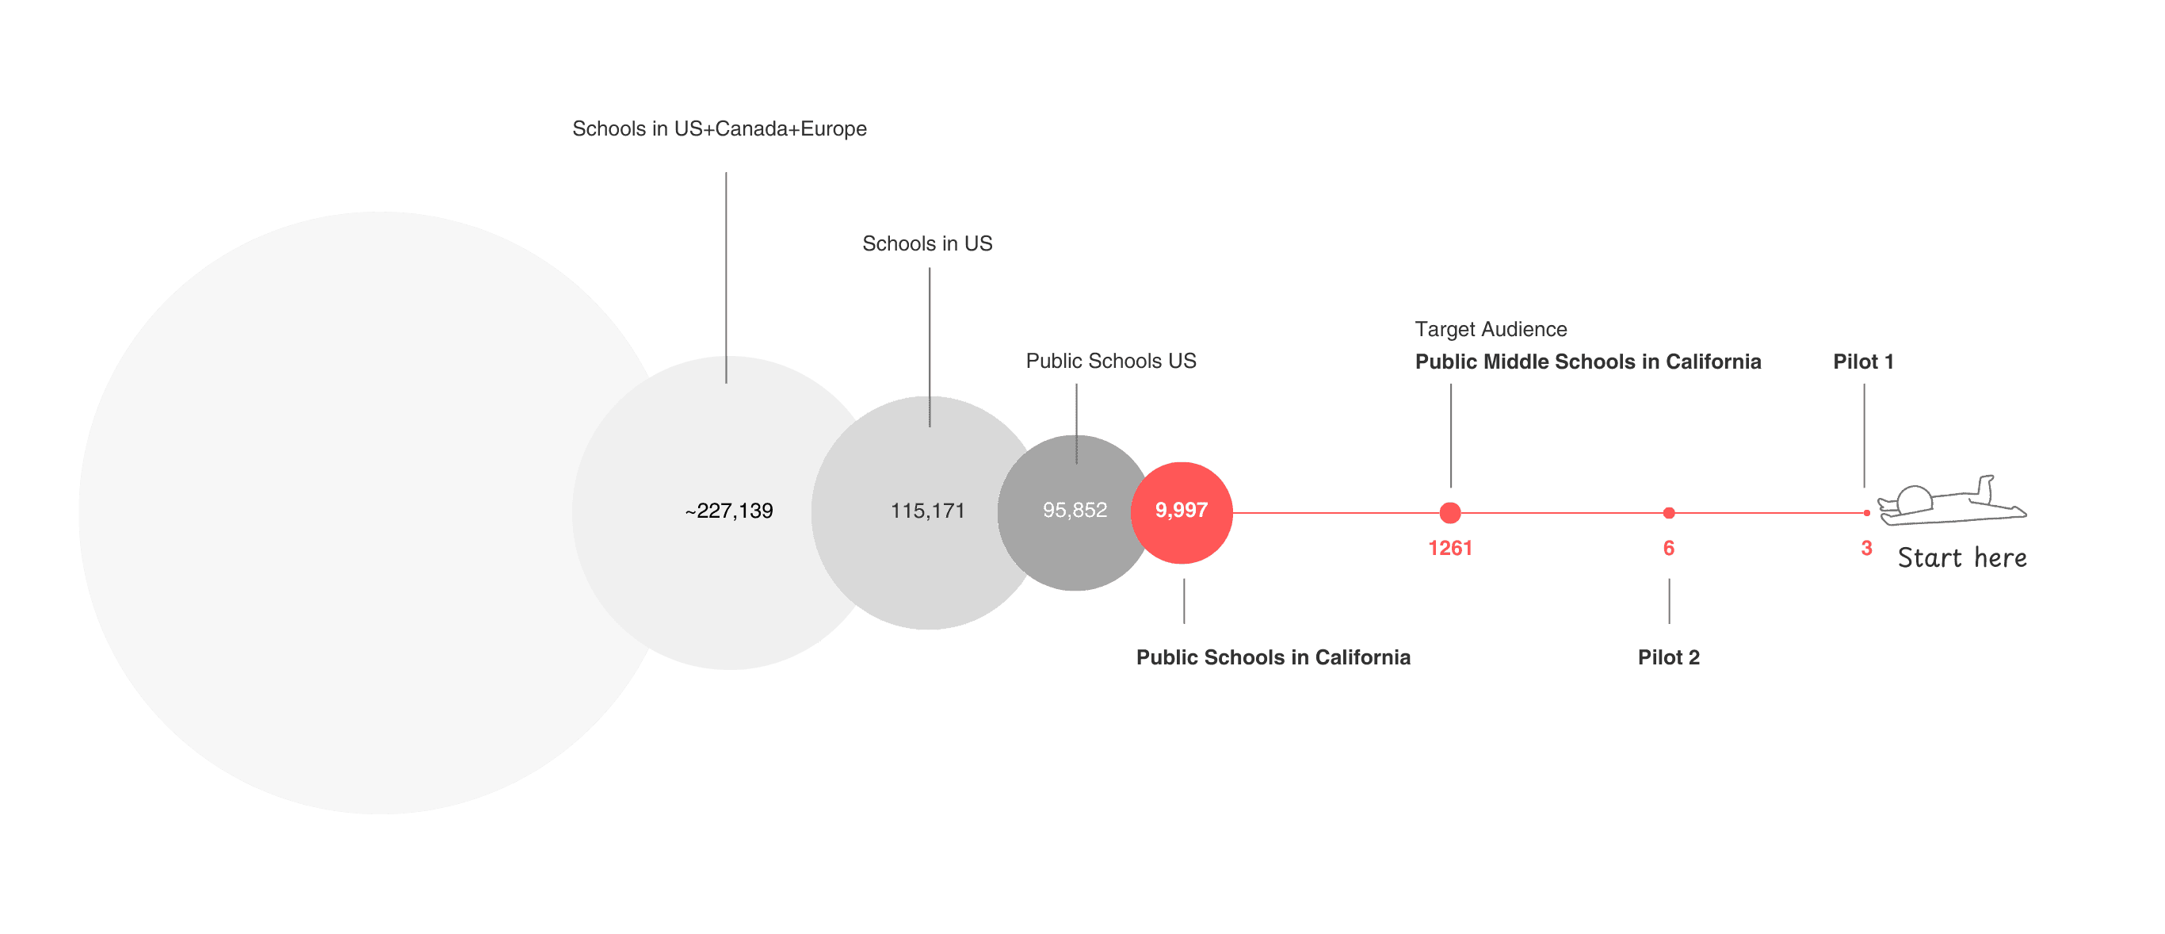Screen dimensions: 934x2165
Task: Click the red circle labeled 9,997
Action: click(1182, 512)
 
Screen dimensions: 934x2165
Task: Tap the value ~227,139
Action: click(729, 511)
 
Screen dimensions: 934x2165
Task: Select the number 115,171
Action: click(928, 511)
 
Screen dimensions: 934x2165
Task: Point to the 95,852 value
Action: click(1075, 511)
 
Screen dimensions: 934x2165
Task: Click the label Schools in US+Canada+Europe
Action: click(720, 128)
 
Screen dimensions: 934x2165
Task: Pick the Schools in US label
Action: click(927, 243)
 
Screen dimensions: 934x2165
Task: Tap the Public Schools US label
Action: click(1110, 362)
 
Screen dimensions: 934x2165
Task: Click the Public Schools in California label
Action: click(1273, 657)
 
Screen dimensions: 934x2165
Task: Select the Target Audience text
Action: click(1491, 330)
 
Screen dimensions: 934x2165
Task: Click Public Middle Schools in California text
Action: click(1587, 362)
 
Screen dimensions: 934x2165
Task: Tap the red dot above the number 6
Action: click(1669, 513)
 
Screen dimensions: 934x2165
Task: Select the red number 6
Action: click(1669, 548)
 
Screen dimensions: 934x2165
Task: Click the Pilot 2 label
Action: click(1668, 657)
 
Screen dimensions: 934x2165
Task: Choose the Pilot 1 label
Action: click(1863, 362)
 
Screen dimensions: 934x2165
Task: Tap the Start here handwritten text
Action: click(1962, 558)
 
